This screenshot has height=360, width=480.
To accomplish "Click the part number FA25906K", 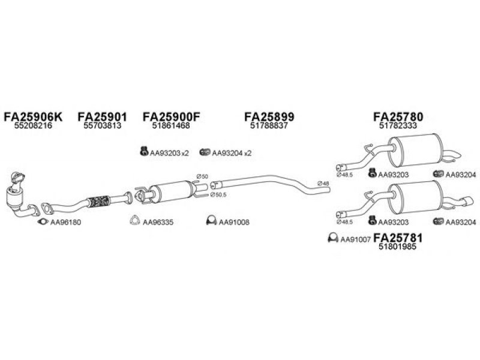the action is pos(33,116).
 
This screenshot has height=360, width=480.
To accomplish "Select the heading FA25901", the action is pos(102,116).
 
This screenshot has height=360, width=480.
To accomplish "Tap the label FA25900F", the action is pos(172,116).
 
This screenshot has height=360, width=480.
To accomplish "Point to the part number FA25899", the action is pos(269,116).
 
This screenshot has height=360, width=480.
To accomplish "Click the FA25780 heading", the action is pos(398,116).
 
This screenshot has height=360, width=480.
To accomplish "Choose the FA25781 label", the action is pos(398,238).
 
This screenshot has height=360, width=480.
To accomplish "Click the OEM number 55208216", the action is pos(33,125).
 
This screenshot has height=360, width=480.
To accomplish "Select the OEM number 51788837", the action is pos(269,125).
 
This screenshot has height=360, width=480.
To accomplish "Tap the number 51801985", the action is pos(398,247).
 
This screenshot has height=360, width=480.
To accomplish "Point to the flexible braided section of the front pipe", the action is pos(98,201).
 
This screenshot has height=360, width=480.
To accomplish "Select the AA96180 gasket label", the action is pos(65,222).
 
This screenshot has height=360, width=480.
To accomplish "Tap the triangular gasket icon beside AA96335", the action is pos(134,221).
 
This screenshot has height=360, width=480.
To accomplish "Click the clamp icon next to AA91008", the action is pos(211,220).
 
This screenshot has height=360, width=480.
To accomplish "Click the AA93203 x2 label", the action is pos(169,153).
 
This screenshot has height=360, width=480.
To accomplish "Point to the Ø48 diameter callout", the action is pos(323,184).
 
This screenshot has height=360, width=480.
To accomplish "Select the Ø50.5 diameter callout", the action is pos(218,194).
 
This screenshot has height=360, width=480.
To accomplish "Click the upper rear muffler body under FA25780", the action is pos(415,150).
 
